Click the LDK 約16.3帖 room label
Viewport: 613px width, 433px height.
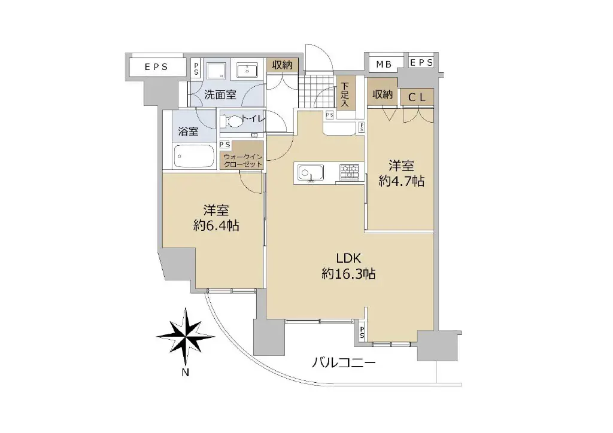348,266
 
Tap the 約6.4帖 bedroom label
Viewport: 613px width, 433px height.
216,218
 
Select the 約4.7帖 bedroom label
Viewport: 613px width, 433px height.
402,173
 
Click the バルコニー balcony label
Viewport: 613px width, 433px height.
344,363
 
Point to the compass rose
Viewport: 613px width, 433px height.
186,336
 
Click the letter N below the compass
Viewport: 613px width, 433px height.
186,373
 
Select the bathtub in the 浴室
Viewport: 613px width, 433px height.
195,155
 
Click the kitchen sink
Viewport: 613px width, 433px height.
311,173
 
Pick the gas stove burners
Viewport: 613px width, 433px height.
349,172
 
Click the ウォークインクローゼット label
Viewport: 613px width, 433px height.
243,160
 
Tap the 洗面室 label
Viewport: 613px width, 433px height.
220,94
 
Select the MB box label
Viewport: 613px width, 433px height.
384,65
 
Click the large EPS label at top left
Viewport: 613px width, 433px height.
156,67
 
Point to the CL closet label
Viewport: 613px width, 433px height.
417,97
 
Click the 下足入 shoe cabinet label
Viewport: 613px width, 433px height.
344,94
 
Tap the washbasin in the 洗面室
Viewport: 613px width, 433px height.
247,71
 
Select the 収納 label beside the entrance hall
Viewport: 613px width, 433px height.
282,65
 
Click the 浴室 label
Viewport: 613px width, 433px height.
188,131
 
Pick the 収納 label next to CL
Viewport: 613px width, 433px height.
383,94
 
